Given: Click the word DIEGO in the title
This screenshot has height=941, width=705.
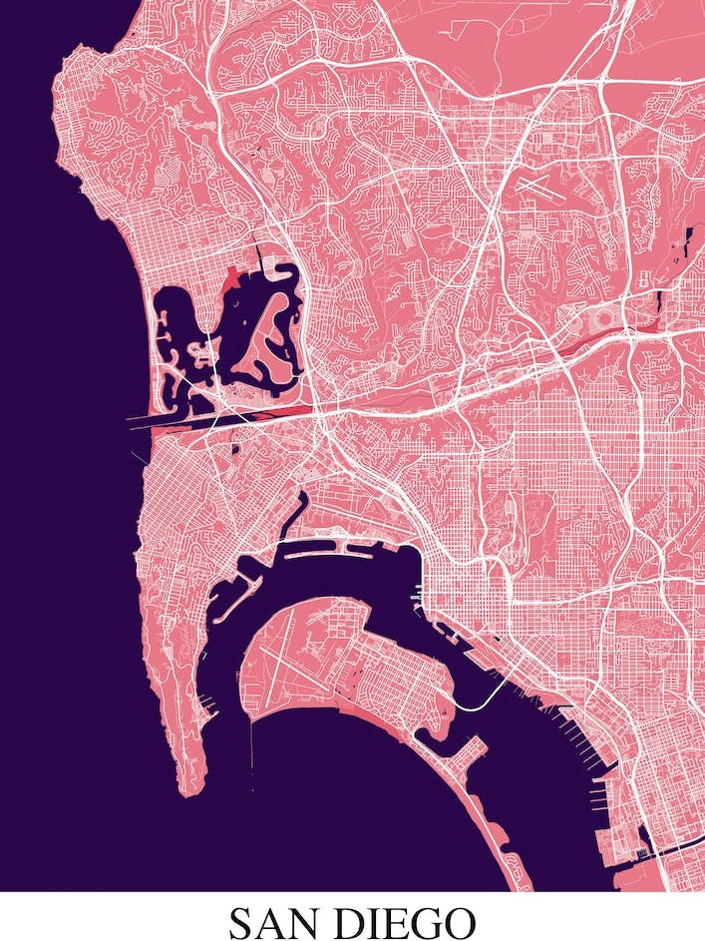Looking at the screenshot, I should tap(405, 922).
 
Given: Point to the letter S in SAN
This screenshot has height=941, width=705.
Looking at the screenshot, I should tap(242, 922).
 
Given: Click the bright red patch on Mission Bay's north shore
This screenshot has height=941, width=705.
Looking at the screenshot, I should tap(231, 279).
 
